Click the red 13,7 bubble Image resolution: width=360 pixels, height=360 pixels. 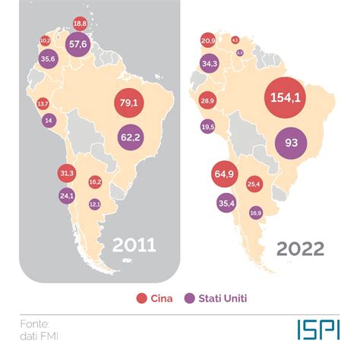tap(43, 103)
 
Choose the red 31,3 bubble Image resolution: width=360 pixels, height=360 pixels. tap(66, 174)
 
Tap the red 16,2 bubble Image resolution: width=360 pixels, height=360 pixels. tap(95, 182)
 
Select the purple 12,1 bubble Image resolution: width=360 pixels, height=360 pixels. tap(95, 204)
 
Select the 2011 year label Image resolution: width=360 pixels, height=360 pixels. tap(134, 245)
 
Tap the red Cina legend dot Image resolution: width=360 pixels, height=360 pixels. tap(141, 298)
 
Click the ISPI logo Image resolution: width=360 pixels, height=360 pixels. tap(318, 328)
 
